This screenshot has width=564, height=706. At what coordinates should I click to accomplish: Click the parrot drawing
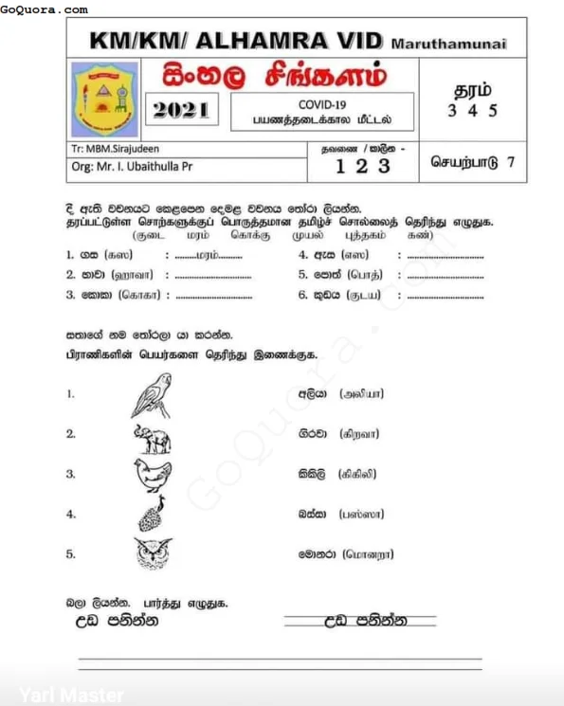pos(152,394)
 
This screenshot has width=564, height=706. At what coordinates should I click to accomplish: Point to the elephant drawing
pos(152,436)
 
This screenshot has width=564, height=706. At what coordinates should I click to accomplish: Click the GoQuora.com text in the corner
pos(45,9)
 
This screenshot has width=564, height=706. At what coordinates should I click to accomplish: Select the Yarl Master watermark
pos(71,695)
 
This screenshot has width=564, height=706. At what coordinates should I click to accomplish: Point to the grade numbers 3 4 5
pos(472,110)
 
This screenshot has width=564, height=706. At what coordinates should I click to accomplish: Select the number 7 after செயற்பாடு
pos(510,161)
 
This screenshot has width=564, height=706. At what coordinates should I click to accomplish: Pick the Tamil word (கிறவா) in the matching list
pos(358,433)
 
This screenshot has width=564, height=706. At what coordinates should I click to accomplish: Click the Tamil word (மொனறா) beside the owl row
pos(368,553)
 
